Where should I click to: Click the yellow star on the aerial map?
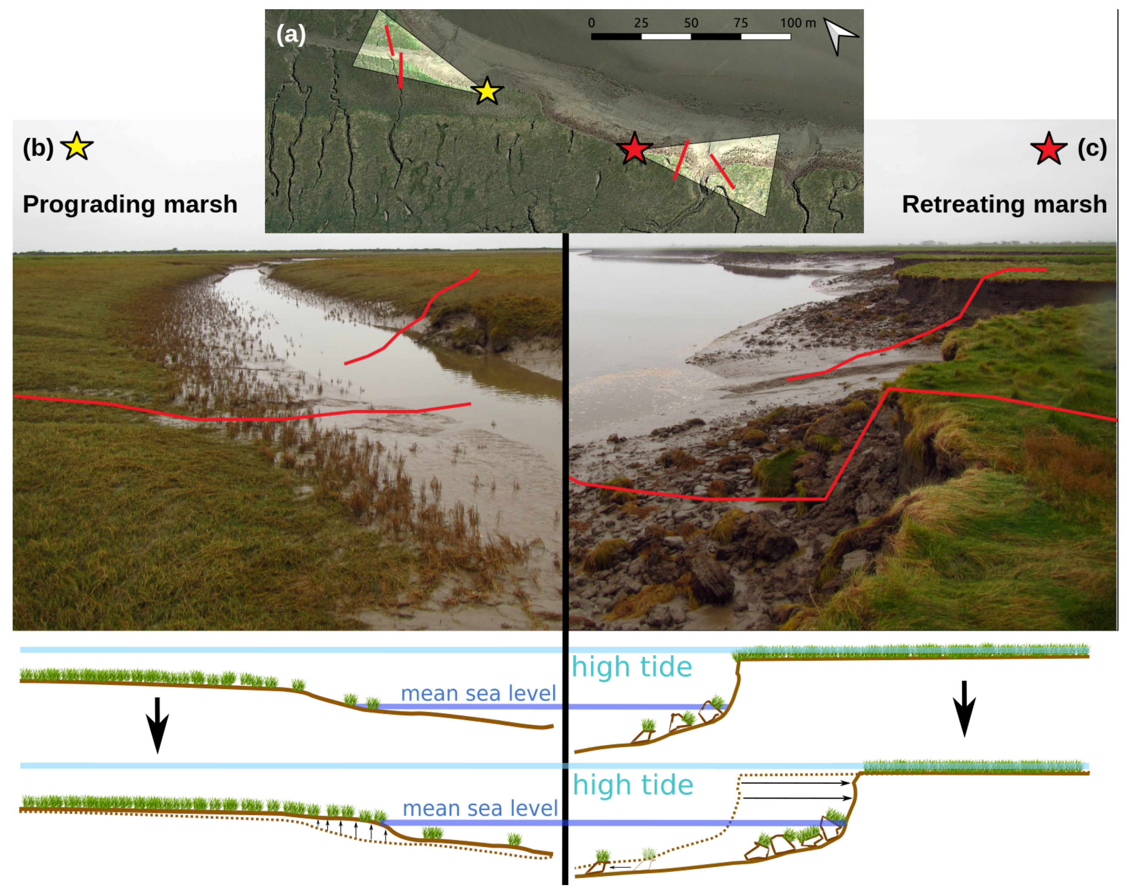487,91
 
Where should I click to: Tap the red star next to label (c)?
1048,150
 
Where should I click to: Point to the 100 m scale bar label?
798,23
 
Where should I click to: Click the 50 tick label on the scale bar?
690,23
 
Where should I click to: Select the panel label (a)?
291,35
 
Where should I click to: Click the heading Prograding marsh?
129,204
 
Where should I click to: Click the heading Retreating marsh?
1004,204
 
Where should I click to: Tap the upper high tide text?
632,667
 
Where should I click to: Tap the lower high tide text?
632,785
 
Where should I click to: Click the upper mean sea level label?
478,693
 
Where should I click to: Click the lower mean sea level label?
480,808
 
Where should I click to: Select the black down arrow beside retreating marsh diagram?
965,709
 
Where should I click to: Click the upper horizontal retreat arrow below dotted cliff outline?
795,783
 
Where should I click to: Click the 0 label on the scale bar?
591,23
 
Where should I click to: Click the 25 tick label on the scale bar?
641,23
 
